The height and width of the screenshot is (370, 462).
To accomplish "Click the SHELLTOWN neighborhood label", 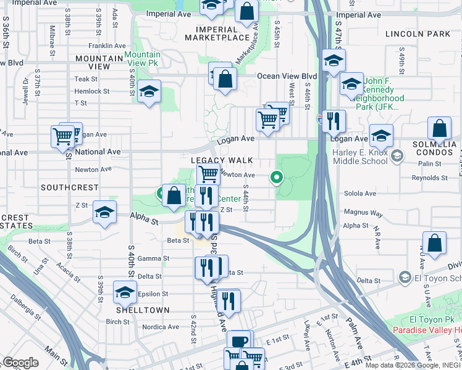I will pyautogui.click(x=135, y=310).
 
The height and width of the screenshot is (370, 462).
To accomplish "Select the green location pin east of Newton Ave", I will pyautogui.click(x=277, y=178).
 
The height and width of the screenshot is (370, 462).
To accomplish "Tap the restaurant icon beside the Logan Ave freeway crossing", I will pyautogui.click(x=334, y=121).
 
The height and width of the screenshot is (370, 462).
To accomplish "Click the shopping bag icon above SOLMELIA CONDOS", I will pyautogui.click(x=439, y=129).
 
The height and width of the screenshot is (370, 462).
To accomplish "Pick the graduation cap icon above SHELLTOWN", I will pyautogui.click(x=125, y=292).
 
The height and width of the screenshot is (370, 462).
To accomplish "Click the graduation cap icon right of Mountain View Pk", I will pyautogui.click(x=149, y=92).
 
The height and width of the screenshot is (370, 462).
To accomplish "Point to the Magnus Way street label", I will pyautogui.click(x=364, y=213).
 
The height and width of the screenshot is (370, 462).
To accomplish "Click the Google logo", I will pyautogui.click(x=20, y=363).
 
